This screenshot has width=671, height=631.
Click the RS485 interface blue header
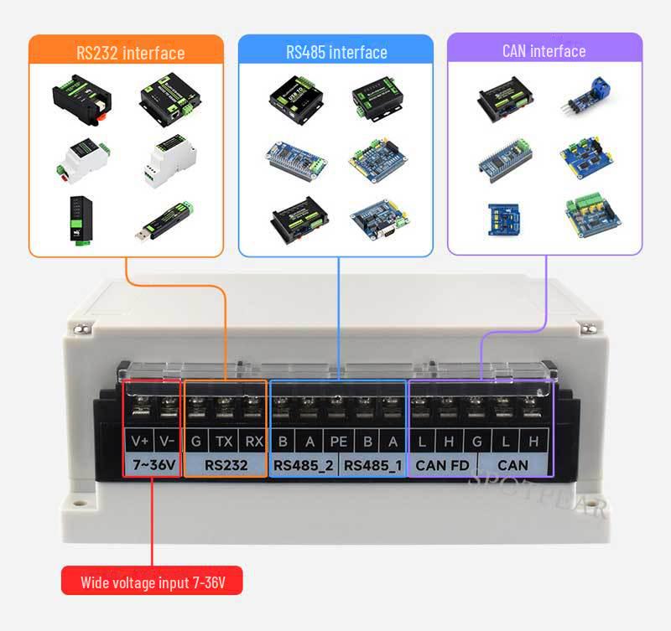coord(335,52)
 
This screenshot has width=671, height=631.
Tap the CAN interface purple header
coord(544,50)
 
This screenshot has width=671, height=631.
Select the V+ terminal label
coord(139,442)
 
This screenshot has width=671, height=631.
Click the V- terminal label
coord(168,442)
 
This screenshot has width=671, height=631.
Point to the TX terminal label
coord(224,442)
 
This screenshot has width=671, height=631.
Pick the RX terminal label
coord(252,442)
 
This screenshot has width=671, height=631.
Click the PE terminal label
coord(337,442)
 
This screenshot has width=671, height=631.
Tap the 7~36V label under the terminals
coord(153,465)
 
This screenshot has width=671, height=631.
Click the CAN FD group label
coord(442,465)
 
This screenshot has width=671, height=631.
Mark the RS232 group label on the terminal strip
coord(225,465)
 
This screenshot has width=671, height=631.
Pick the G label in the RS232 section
coord(195,442)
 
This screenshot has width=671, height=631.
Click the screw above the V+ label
coord(139,406)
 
